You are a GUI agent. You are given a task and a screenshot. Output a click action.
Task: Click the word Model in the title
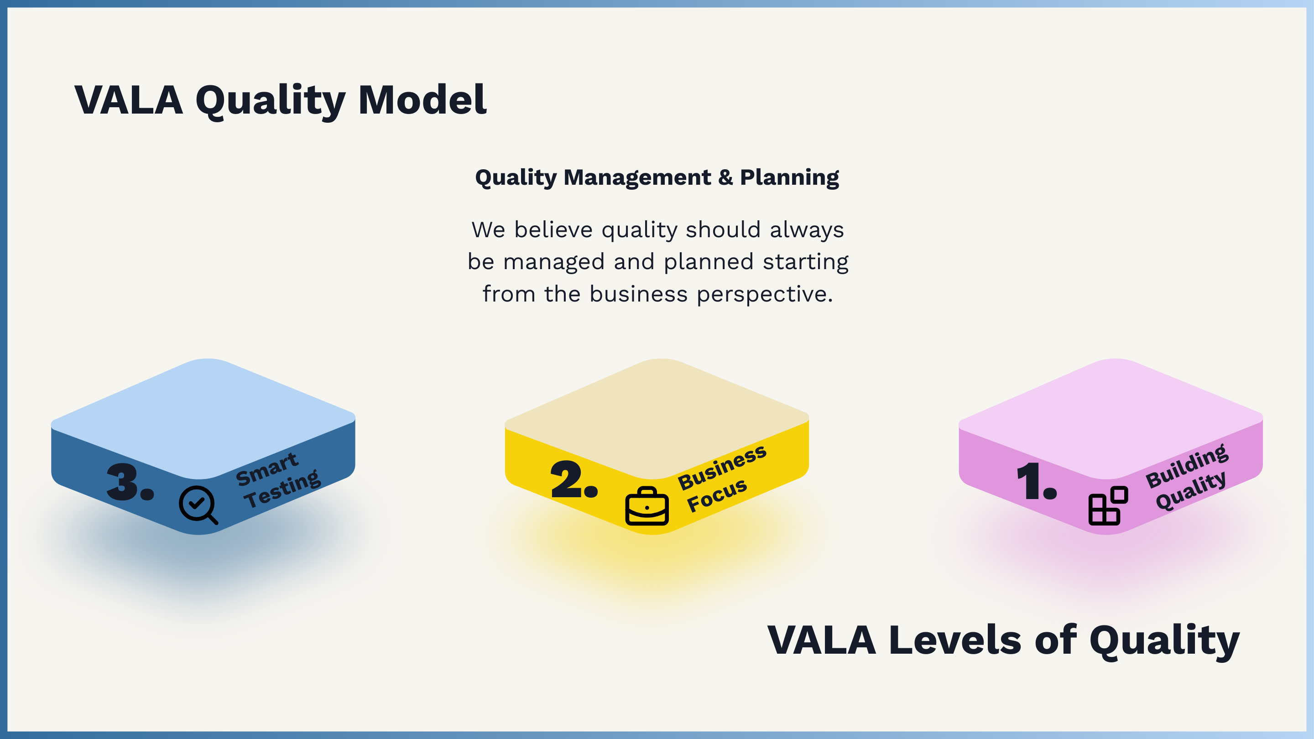422,100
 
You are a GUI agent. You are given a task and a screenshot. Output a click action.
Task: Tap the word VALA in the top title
129,100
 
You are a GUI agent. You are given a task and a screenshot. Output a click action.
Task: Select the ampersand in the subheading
725,177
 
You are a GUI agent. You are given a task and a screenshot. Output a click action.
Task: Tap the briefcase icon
647,506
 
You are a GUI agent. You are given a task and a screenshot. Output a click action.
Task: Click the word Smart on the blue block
267,469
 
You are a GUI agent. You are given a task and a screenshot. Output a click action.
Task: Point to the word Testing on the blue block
282,489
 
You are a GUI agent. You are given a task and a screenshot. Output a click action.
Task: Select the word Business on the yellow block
722,467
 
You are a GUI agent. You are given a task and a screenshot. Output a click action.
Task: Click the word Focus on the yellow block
717,495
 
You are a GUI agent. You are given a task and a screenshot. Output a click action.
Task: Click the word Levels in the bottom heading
955,640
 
